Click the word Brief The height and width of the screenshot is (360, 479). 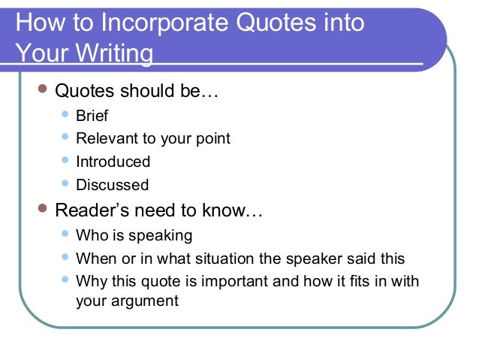(x=92, y=116)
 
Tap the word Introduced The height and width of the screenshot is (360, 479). (x=113, y=162)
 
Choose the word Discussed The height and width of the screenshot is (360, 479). (x=113, y=185)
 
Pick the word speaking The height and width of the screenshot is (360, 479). (x=161, y=235)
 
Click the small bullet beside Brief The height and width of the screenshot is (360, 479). (x=65, y=115)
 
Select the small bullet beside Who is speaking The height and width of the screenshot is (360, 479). (x=65, y=234)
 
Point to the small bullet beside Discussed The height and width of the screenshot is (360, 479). (x=65, y=183)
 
